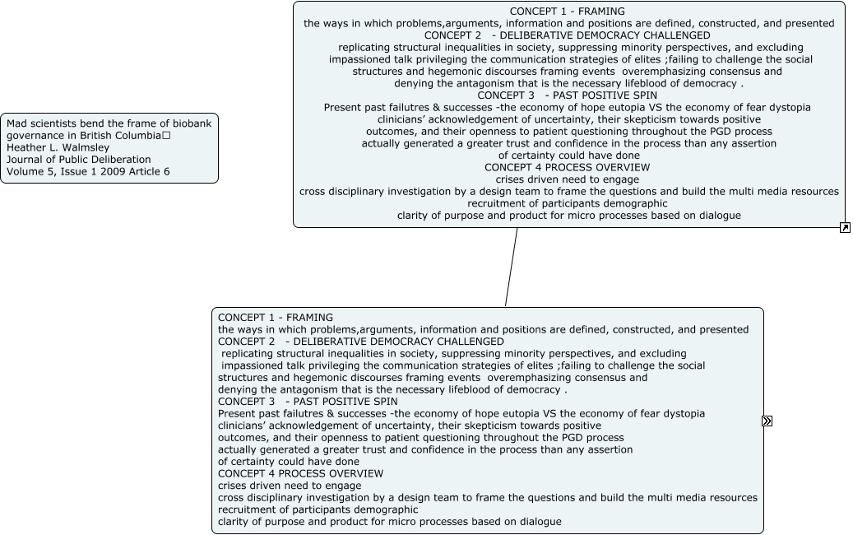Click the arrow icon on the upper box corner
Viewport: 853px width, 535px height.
[x=845, y=227]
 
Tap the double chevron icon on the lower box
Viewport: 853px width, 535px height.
[x=767, y=421]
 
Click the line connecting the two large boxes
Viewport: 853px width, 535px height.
[x=512, y=267]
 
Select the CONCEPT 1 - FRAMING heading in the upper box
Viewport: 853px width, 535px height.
[x=567, y=12]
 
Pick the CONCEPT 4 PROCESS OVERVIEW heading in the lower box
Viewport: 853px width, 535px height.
[x=300, y=473]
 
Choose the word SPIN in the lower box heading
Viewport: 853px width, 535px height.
[x=383, y=402]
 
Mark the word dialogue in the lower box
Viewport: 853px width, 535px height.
[x=538, y=521]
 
